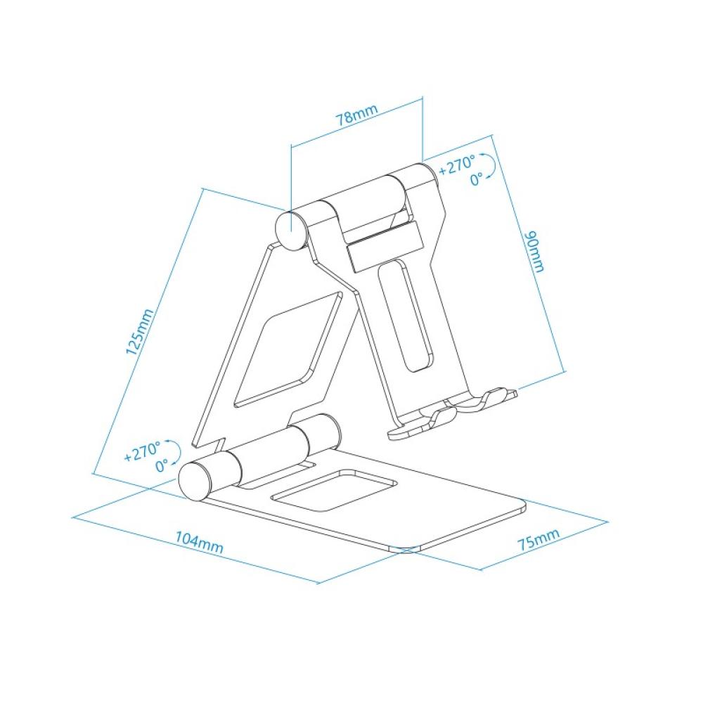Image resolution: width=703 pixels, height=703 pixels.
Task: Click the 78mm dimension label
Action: [356, 115]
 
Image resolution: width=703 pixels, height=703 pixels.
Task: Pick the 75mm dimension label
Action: [538, 541]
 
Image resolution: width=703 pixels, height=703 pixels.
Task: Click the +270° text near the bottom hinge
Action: [143, 451]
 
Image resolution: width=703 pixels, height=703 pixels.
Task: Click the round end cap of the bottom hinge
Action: [193, 480]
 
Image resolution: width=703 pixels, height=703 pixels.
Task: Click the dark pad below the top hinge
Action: [382, 245]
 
